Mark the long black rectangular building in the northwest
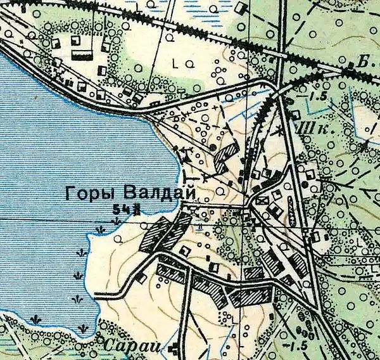pos(82,55)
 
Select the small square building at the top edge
pos(241,9)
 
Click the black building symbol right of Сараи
pos(173,347)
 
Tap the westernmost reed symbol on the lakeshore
pos(41,318)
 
